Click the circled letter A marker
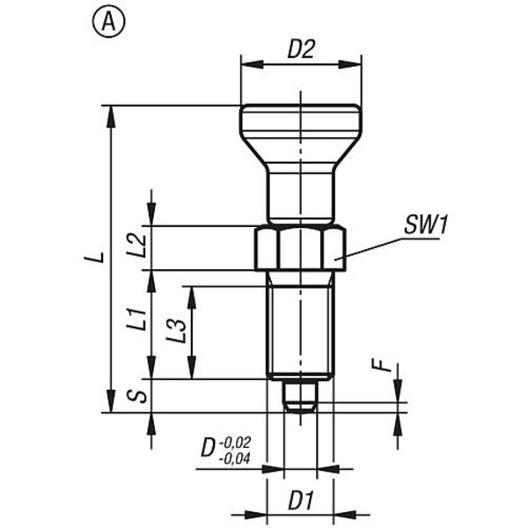pos(108,21)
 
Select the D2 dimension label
pos(301,49)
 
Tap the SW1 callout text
pos(426,224)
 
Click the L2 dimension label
pos(137,246)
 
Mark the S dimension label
pos(137,396)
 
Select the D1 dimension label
pos(301,501)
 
